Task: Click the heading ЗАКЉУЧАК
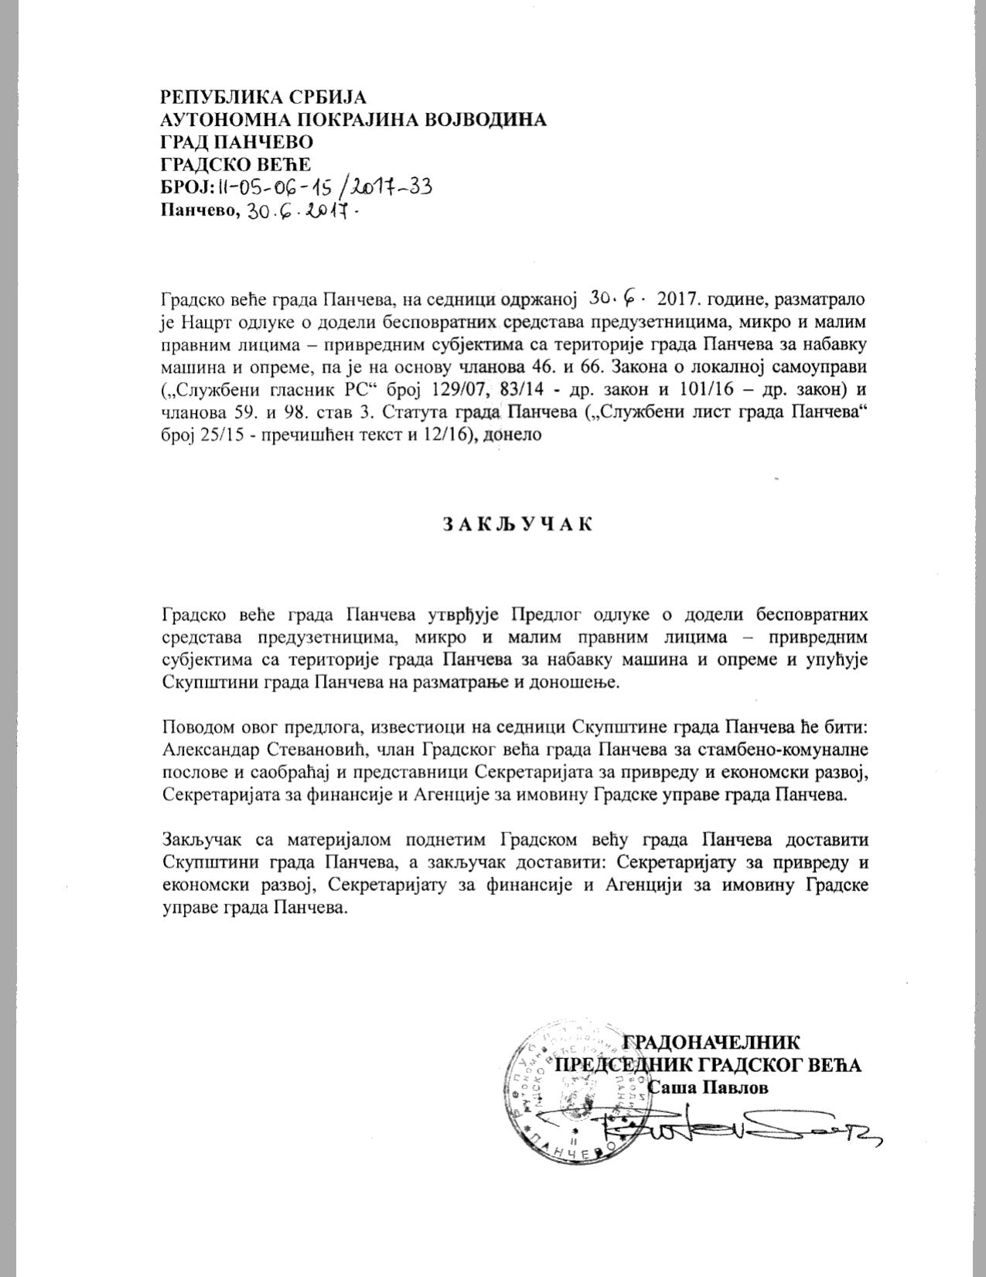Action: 518,524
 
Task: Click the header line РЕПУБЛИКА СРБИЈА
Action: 263,97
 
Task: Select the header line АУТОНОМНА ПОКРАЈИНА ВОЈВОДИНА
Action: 353,120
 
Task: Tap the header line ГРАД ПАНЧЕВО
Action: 237,142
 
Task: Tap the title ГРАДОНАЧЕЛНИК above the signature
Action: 711,1041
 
